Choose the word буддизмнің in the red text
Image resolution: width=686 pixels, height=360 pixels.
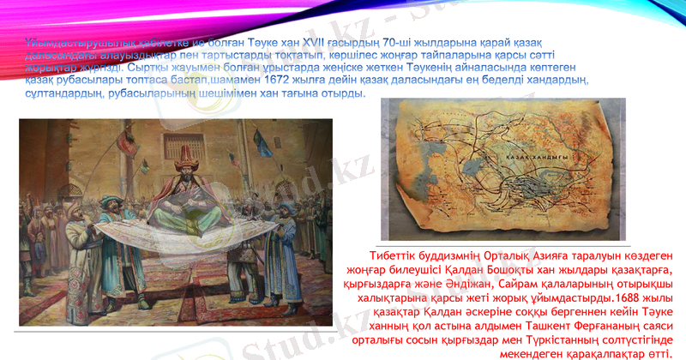click(460, 256)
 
